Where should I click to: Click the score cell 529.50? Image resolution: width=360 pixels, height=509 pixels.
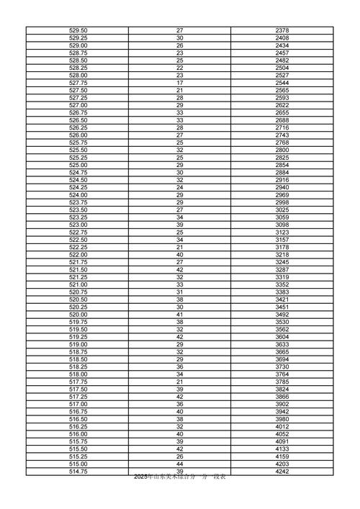click(78, 30)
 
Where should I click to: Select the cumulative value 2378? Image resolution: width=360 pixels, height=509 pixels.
click(282, 30)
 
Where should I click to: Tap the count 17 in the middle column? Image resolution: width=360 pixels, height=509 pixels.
click(180, 83)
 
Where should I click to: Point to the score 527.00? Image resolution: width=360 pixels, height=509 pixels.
click(78, 105)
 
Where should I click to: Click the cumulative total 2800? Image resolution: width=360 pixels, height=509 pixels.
click(282, 150)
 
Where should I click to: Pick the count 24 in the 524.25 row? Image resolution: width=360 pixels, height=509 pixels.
click(180, 187)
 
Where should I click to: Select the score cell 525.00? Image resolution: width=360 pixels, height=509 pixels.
click(78, 165)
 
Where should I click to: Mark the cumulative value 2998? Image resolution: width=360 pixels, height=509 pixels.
click(282, 202)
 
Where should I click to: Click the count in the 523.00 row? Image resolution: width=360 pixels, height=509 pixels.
click(180, 225)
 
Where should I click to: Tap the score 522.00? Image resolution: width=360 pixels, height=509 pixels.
click(78, 255)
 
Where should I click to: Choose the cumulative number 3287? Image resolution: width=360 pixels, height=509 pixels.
click(282, 269)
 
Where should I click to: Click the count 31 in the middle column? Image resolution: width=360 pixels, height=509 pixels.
click(180, 292)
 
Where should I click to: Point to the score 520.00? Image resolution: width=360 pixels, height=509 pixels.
click(78, 315)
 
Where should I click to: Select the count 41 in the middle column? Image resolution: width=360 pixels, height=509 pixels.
click(180, 315)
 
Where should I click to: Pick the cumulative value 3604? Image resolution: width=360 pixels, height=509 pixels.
click(282, 337)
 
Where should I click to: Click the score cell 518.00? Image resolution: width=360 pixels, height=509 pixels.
click(78, 374)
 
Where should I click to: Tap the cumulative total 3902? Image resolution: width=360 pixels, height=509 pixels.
click(282, 405)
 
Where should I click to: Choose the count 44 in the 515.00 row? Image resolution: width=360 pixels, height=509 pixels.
click(180, 464)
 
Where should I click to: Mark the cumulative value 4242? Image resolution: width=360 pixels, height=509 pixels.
click(282, 472)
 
